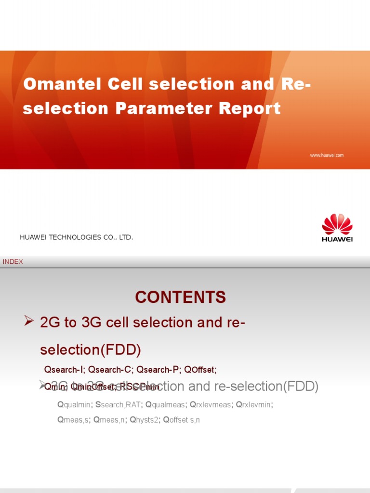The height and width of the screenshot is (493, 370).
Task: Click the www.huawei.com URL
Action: tap(326, 156)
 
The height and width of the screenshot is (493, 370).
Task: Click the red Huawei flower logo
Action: tap(337, 224)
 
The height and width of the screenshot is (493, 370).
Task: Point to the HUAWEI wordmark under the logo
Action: tap(337, 239)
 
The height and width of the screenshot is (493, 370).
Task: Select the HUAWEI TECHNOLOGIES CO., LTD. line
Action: tap(76, 238)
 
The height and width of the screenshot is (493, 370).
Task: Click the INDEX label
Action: tap(13, 262)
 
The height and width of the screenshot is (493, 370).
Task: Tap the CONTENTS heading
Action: tap(180, 298)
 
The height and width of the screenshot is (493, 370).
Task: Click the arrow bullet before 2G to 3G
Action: tap(29, 322)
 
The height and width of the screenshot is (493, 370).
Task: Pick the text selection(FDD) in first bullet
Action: tap(91, 350)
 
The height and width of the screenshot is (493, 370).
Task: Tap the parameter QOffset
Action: tap(200, 370)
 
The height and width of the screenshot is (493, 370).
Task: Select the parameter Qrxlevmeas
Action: tap(211, 405)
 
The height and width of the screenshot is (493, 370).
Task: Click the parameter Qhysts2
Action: tap(144, 420)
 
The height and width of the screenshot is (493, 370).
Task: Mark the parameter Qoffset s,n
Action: tap(182, 420)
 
